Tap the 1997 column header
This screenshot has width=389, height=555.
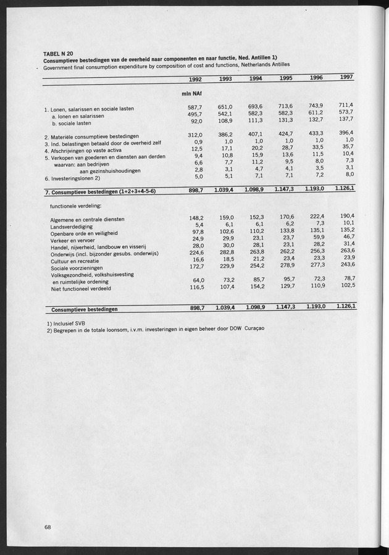tap(347, 77)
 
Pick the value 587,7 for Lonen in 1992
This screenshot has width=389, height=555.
tap(195, 107)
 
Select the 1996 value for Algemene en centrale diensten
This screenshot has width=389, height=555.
tap(316, 216)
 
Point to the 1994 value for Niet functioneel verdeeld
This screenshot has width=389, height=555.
tap(254, 287)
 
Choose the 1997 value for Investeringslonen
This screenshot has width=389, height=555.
tap(349, 174)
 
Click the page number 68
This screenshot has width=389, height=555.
tap(47, 527)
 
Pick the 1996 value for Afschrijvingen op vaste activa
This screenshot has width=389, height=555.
tap(317, 147)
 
